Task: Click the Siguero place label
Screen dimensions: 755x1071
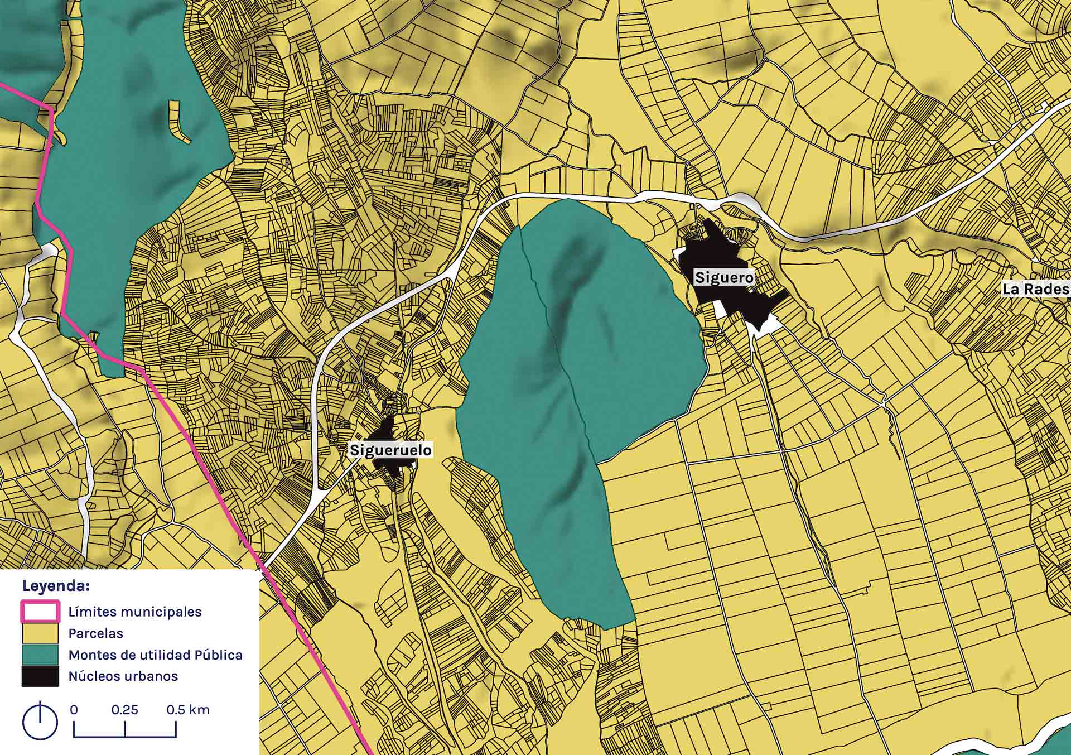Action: click(x=724, y=277)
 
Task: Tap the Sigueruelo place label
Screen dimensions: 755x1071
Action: click(x=390, y=450)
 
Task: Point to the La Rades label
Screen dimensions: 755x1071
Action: click(x=1035, y=289)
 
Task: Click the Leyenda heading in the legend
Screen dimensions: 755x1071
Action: click(x=56, y=586)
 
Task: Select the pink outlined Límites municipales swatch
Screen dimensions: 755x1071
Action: click(x=40, y=612)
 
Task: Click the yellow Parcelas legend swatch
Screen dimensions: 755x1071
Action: click(x=40, y=633)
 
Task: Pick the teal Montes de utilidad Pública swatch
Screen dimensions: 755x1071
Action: click(x=40, y=655)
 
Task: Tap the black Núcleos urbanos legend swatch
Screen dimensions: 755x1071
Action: click(x=40, y=676)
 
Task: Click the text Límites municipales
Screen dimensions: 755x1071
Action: click(x=134, y=612)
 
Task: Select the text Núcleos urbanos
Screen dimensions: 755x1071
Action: click(x=123, y=676)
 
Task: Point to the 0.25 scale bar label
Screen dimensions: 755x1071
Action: click(x=124, y=710)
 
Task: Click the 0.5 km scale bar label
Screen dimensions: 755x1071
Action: click(x=188, y=710)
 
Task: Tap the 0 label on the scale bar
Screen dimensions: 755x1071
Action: click(x=74, y=710)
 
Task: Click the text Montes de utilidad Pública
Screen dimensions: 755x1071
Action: click(x=155, y=655)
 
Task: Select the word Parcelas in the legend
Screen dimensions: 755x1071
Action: click(x=95, y=633)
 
